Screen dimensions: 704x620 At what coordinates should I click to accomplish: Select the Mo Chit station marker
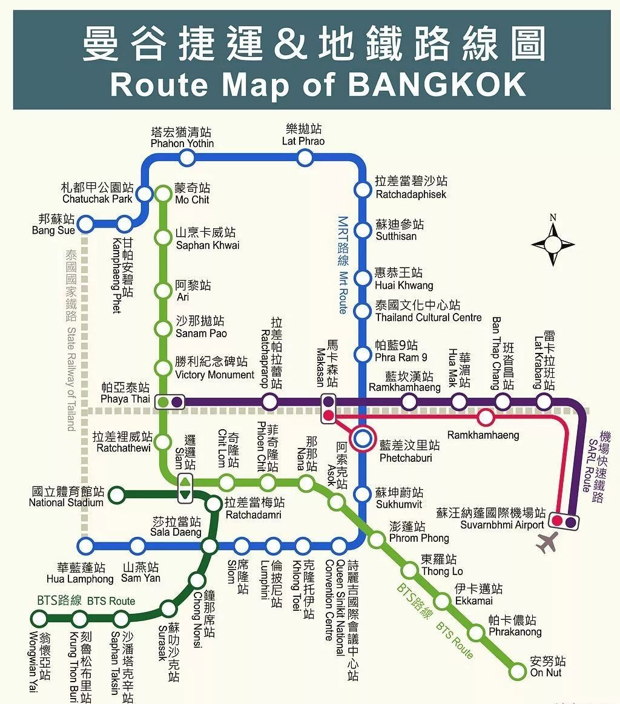click(x=163, y=194)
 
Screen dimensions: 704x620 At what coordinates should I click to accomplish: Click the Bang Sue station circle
click(x=86, y=225)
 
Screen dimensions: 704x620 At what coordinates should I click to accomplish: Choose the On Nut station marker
click(x=518, y=671)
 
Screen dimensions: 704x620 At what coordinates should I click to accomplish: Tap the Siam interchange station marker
click(x=185, y=488)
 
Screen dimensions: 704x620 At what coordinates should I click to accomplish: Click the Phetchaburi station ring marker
click(x=363, y=439)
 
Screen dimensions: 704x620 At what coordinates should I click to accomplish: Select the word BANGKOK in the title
click(x=437, y=85)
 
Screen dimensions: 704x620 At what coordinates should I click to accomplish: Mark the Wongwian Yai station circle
click(x=39, y=619)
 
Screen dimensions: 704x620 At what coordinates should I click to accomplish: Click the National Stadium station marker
click(x=117, y=495)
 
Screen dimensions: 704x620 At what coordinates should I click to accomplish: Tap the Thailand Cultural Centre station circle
click(x=362, y=311)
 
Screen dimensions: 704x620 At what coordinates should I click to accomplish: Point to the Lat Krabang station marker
click(x=544, y=401)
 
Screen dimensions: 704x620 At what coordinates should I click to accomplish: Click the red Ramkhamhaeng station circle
click(x=485, y=417)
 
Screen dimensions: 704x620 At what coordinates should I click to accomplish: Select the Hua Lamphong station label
click(x=80, y=573)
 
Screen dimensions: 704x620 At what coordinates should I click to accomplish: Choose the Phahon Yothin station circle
click(x=187, y=158)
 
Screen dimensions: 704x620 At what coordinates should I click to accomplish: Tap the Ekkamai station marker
click(x=443, y=601)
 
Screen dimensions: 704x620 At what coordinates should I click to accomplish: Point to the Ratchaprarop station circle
click(x=270, y=401)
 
